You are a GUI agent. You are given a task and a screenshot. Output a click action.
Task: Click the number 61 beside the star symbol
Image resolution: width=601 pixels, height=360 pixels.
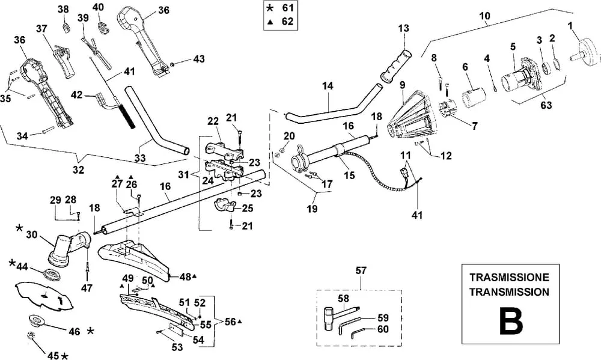coord(287,8)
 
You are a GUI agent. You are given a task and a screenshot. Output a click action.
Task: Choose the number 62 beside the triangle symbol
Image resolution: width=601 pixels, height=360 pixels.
coord(287,21)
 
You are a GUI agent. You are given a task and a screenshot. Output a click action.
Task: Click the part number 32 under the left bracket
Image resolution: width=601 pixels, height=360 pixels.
coord(79,170)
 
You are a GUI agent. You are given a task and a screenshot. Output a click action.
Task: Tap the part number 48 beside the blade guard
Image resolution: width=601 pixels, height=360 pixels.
coord(185,276)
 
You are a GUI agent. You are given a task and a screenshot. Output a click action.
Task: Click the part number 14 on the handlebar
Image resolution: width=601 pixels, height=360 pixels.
coord(327,86)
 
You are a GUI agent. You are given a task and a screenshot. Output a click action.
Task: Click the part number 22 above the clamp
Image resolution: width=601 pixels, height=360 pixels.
coord(213,121)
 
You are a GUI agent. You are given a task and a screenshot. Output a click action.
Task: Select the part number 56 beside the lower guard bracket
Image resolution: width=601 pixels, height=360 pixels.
coord(229,322)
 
